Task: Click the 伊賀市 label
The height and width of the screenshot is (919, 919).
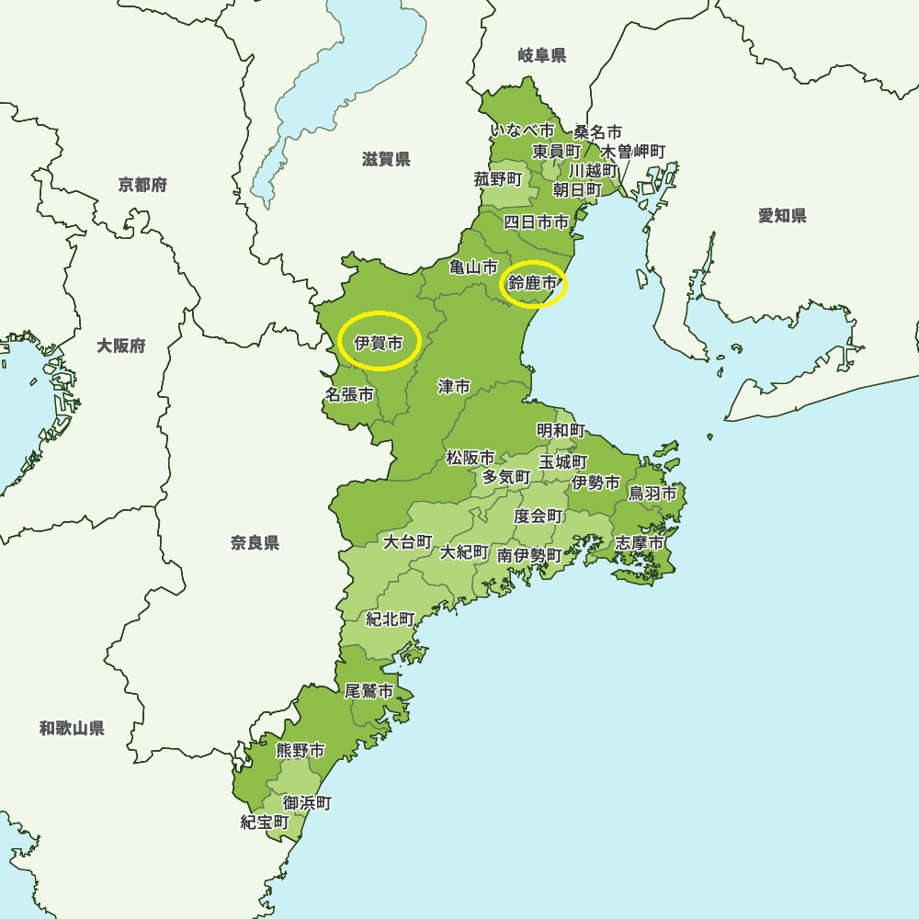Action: click(379, 345)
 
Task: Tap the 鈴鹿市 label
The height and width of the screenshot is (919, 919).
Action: click(533, 284)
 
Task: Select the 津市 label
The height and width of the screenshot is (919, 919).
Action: click(454, 387)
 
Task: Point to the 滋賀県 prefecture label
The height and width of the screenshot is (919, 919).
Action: click(386, 160)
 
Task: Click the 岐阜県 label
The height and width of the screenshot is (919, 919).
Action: click(542, 56)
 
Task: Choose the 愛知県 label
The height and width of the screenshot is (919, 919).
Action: click(782, 216)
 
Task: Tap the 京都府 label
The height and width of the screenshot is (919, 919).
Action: click(142, 186)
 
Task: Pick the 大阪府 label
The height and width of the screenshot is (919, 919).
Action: click(121, 346)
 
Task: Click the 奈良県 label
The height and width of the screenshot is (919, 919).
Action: click(255, 543)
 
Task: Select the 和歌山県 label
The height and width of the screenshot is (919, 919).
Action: click(72, 729)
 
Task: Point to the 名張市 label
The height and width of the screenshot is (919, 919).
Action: click(350, 395)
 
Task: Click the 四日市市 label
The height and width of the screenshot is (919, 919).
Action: click(537, 221)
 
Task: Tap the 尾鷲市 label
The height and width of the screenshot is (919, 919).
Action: click(369, 691)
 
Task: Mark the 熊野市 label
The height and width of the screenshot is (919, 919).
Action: click(301, 751)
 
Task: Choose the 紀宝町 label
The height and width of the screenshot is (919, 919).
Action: click(266, 822)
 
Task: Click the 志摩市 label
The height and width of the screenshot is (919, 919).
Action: click(640, 543)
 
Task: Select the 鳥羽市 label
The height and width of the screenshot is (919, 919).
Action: click(652, 494)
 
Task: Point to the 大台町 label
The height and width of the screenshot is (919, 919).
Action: click(408, 541)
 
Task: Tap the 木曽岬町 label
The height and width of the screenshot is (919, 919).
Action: click(633, 151)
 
